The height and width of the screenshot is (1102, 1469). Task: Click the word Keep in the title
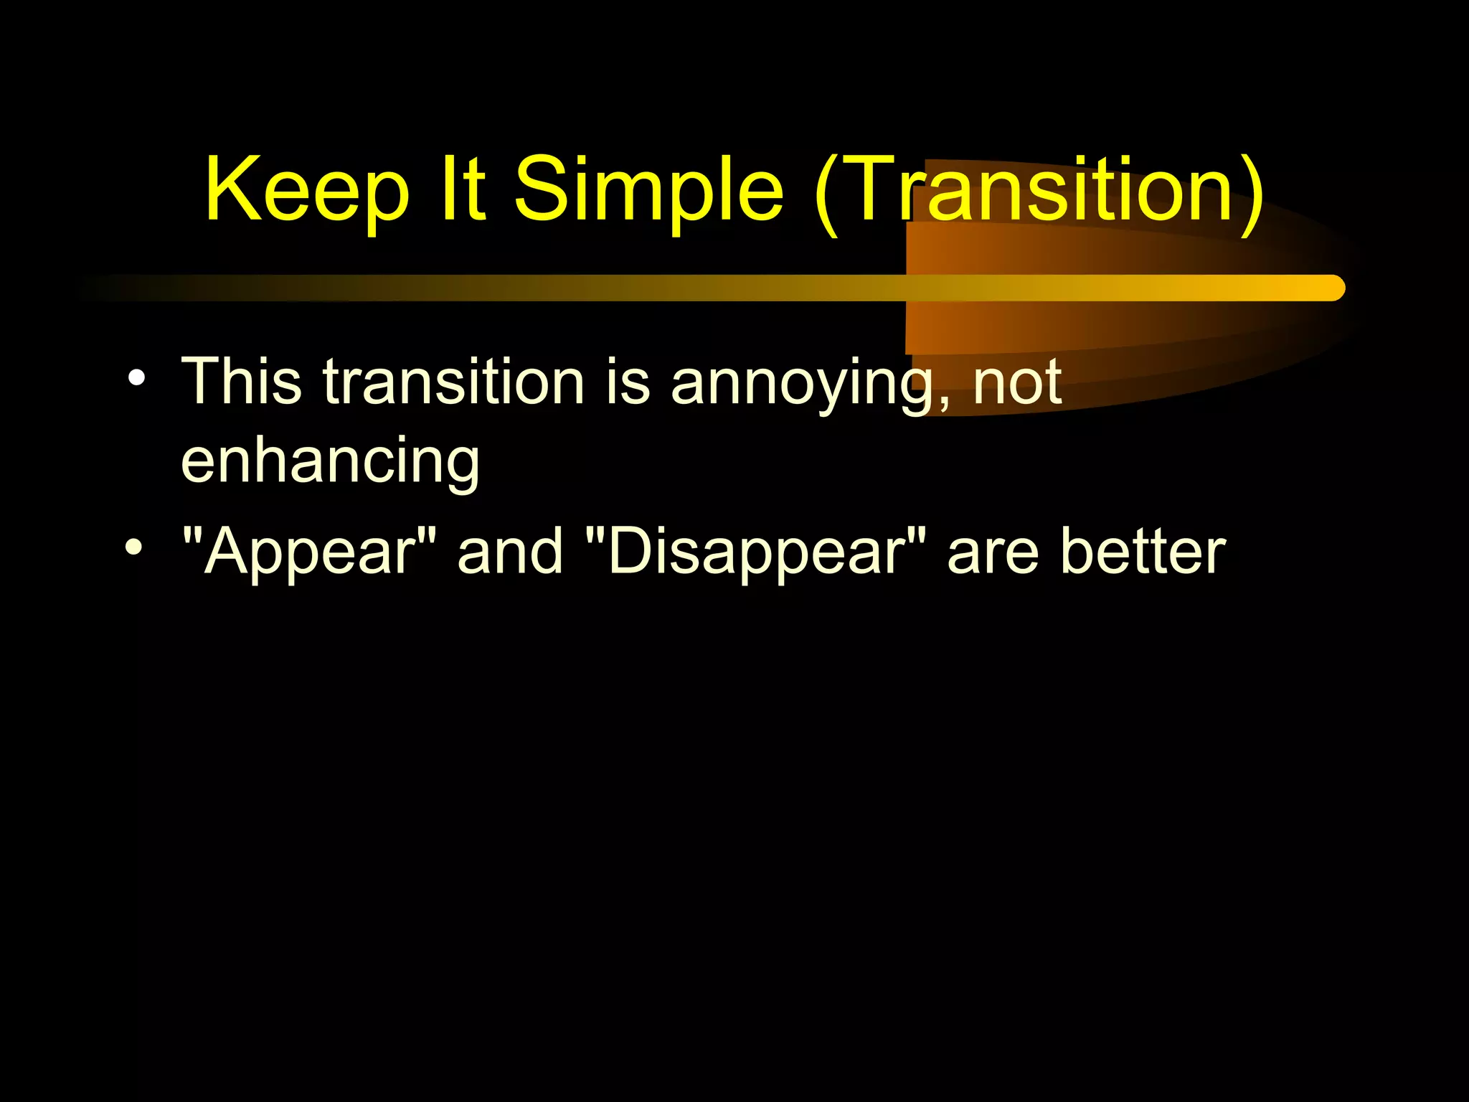point(307,190)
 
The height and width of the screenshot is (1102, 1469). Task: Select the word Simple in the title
point(649,190)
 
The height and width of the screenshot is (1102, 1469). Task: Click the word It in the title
point(463,190)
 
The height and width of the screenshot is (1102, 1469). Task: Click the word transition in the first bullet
point(453,382)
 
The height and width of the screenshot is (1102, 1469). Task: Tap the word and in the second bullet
point(511,551)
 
